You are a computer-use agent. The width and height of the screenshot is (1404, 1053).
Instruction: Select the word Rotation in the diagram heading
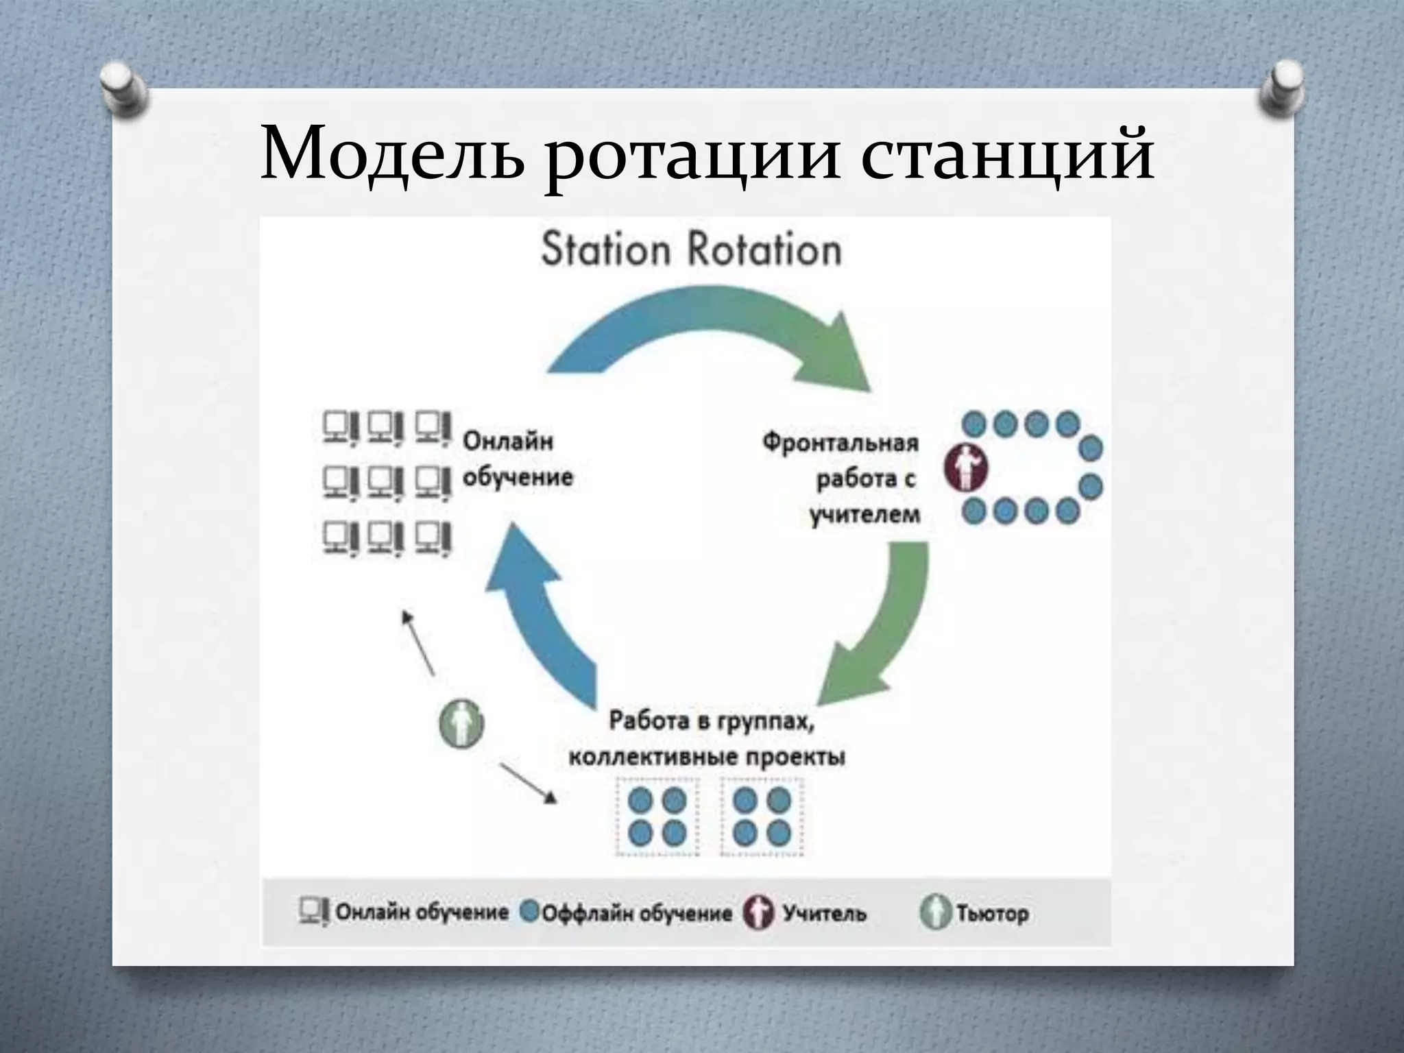(765, 249)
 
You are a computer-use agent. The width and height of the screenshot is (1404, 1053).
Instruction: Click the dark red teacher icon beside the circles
(966, 468)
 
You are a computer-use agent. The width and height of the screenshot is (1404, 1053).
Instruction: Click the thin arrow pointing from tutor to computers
(418, 642)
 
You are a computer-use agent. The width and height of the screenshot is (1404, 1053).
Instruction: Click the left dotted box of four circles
(657, 817)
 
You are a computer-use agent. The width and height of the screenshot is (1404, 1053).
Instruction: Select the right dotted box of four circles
(762, 817)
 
